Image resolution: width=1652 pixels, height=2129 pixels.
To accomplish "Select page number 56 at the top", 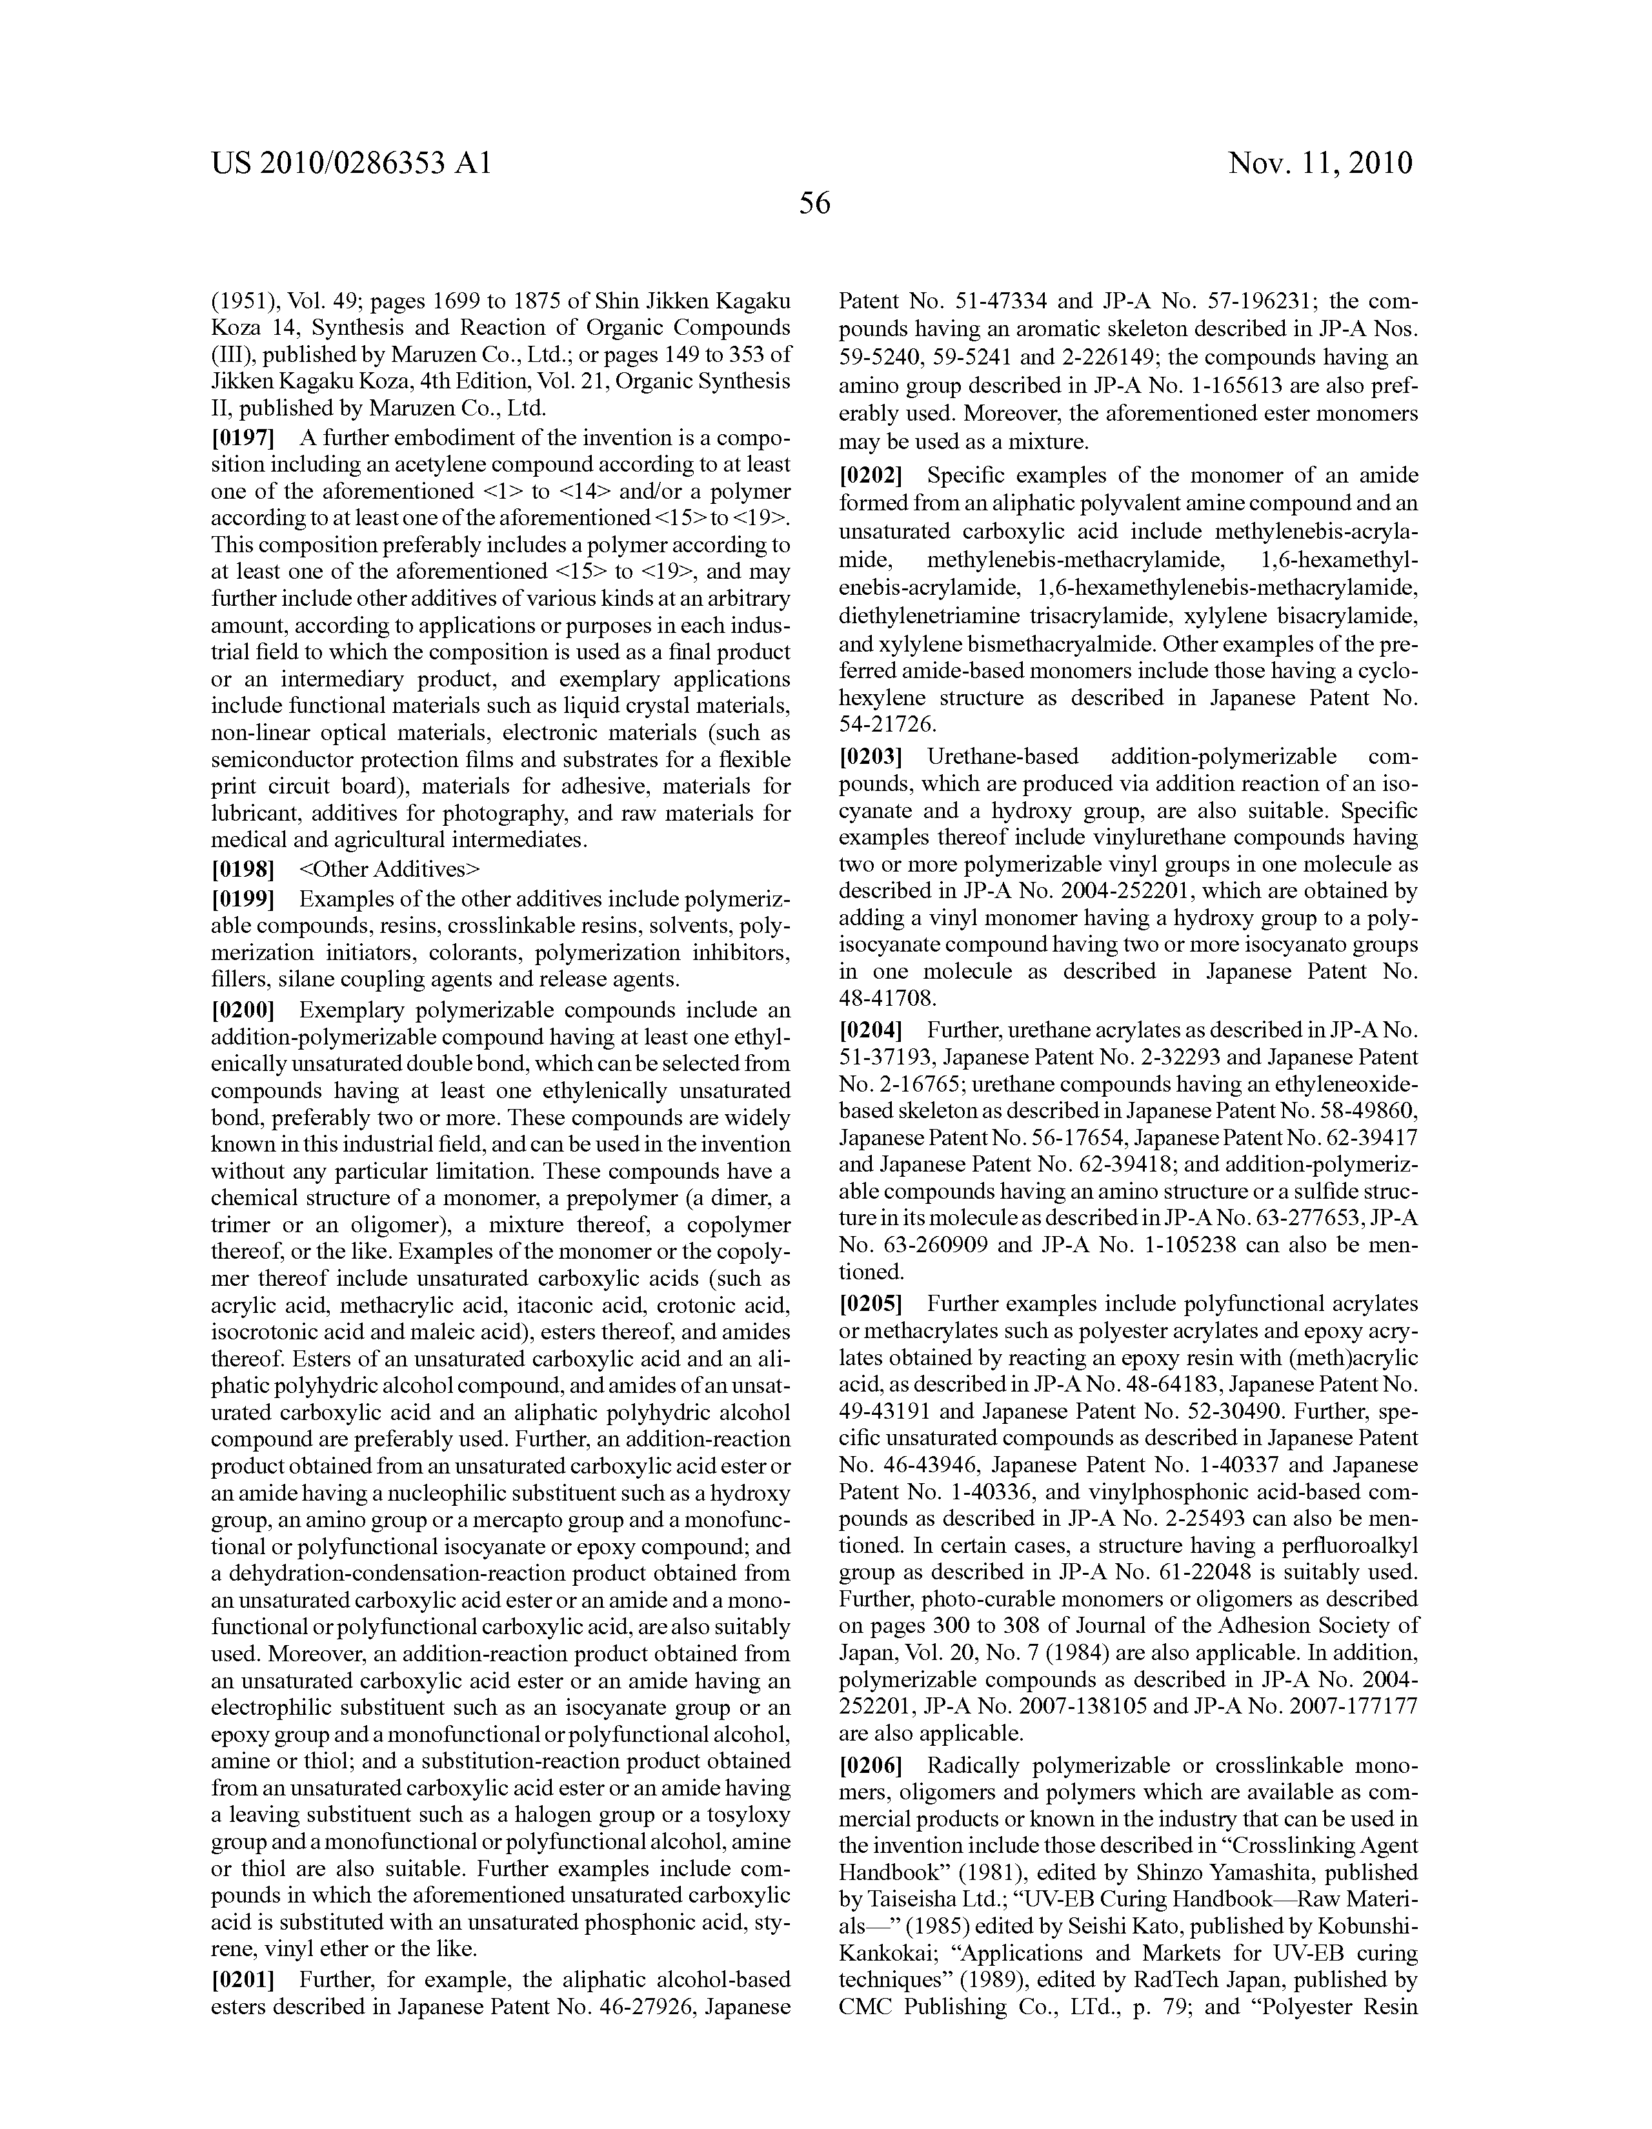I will (814, 204).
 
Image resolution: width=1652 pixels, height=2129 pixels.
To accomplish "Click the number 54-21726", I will (887, 725).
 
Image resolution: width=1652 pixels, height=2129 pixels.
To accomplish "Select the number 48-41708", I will (887, 998).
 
